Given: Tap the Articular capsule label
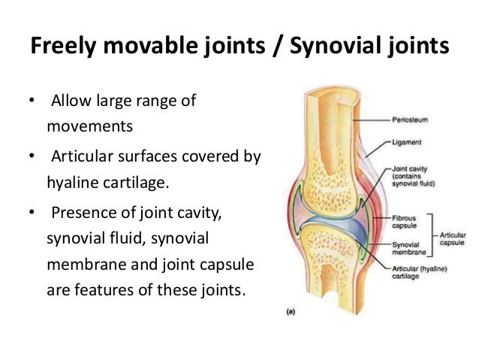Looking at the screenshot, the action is pyautogui.click(x=453, y=237).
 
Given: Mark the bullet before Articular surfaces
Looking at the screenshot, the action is pyautogui.click(x=31, y=158).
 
